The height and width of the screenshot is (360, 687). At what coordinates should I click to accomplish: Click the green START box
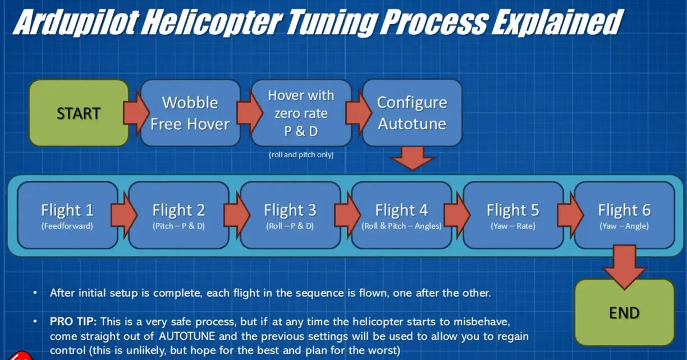79,113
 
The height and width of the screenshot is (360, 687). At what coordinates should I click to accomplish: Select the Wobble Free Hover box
190,113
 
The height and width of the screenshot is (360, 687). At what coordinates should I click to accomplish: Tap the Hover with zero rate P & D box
301,113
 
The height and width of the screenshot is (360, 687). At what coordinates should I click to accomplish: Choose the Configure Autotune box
411,113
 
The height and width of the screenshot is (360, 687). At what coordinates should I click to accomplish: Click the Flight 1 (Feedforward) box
67,215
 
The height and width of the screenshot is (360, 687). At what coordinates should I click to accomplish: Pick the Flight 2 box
178,215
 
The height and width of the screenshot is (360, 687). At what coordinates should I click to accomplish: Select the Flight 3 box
290,215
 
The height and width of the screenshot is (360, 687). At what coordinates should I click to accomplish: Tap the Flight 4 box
401,215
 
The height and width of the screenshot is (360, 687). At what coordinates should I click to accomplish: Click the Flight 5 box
512,215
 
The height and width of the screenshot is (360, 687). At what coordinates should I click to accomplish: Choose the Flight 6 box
624,215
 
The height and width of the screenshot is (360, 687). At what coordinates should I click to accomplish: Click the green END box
624,312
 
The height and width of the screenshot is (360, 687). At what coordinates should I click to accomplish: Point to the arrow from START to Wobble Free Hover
135,113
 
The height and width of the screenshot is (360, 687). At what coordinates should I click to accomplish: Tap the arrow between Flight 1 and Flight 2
123,215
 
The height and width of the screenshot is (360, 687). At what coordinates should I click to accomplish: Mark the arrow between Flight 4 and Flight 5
457,215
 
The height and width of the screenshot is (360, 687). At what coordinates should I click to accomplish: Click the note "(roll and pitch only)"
301,154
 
